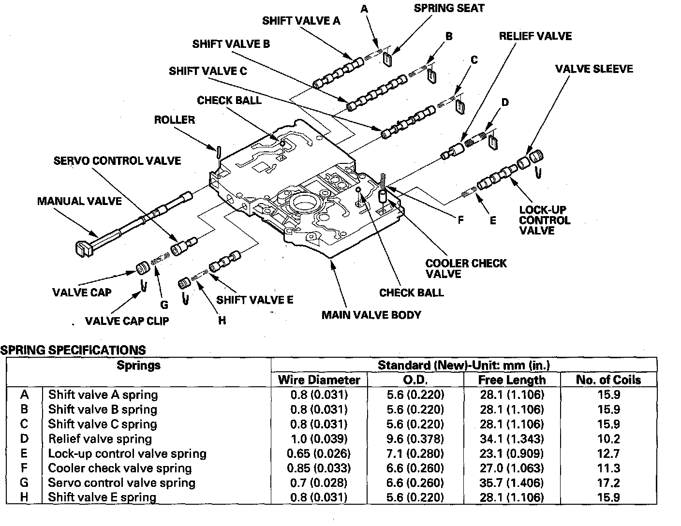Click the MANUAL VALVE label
(x=79, y=201)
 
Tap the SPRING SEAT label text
(x=449, y=8)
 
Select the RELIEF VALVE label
(x=535, y=36)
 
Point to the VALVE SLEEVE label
(x=593, y=69)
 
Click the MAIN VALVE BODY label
(x=371, y=315)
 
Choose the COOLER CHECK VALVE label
(x=466, y=268)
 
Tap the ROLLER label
(x=174, y=120)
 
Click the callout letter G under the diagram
(x=164, y=305)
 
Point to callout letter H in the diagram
(x=222, y=320)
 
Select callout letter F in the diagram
(x=460, y=220)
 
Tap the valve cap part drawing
(x=142, y=267)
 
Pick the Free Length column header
(x=511, y=380)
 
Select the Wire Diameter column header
(x=319, y=380)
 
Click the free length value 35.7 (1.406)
(x=511, y=482)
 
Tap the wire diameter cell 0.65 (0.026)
(x=319, y=453)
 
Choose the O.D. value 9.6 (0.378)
(x=415, y=439)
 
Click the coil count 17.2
(x=608, y=482)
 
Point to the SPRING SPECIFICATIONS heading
(x=73, y=350)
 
